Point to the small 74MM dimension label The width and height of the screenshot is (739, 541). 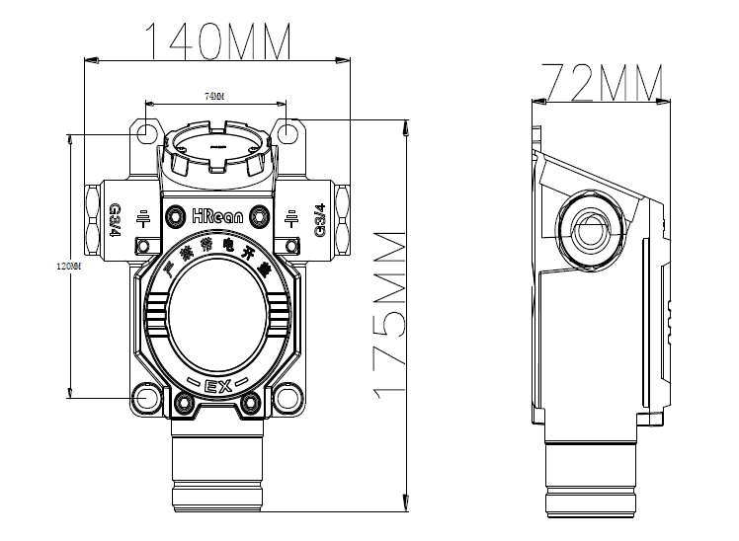pos(214,96)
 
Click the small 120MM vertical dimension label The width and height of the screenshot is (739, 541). pos(66,267)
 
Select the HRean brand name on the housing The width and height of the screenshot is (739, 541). pos(218,214)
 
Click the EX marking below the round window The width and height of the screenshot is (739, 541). pos(217,386)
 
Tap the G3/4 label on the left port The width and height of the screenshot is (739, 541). pos(115,219)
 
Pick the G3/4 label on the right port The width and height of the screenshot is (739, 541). pos(319,219)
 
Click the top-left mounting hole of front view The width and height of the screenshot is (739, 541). pos(146,131)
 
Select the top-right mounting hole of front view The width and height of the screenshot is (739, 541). pos(287,131)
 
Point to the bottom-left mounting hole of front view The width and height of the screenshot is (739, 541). pos(148,397)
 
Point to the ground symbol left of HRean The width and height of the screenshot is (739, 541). pos(143,219)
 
